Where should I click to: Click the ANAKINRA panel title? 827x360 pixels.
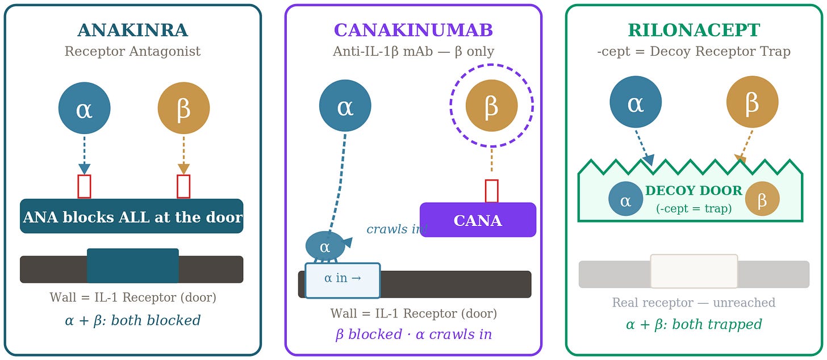tap(132, 30)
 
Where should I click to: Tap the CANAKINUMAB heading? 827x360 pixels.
tap(413, 30)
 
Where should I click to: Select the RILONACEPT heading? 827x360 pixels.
tap(694, 30)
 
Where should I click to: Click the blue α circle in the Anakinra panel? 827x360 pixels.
tap(85, 108)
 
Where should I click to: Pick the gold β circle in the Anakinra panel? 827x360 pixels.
tap(184, 108)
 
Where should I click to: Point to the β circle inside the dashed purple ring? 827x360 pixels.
tap(492, 106)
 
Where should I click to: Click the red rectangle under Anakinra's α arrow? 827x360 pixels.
tap(85, 186)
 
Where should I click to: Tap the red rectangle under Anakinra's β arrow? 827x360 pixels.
tap(184, 186)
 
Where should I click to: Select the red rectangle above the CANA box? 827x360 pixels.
tap(492, 191)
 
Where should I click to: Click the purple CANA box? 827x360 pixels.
tap(478, 220)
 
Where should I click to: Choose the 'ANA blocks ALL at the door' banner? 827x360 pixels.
tap(132, 216)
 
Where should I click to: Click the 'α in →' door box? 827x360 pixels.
tap(343, 281)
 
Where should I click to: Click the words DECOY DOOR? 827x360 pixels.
tap(694, 191)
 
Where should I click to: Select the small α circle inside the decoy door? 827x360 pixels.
tap(626, 199)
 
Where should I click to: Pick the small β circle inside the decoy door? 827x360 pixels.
tap(762, 199)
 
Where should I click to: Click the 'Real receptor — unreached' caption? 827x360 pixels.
tap(694, 303)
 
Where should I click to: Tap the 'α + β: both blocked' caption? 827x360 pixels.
tap(132, 320)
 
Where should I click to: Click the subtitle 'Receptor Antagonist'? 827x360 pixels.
tap(132, 51)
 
